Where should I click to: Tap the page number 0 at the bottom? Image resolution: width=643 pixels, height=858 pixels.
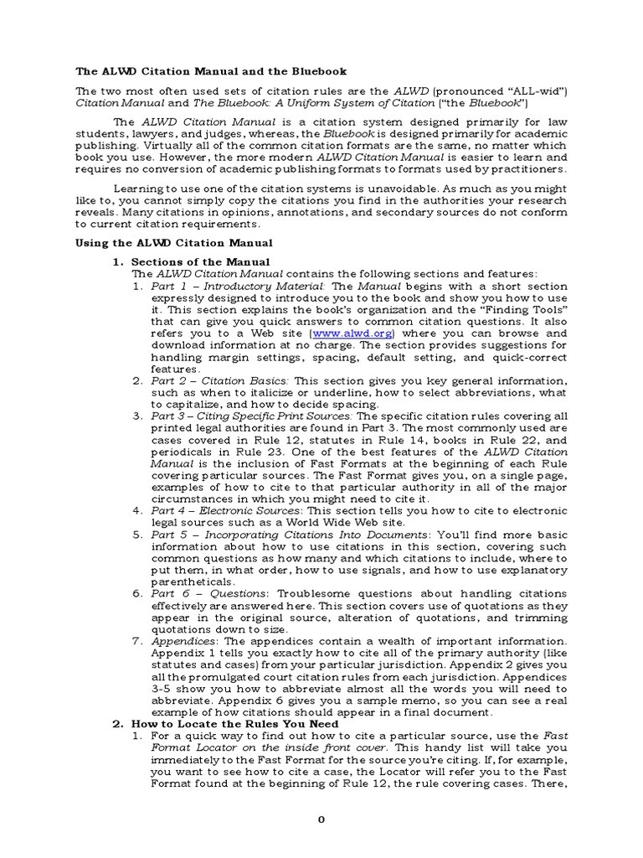(321, 820)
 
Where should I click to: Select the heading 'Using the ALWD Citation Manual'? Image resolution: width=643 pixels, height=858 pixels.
(174, 242)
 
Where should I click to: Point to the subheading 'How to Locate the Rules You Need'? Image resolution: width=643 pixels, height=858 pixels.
(235, 723)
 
